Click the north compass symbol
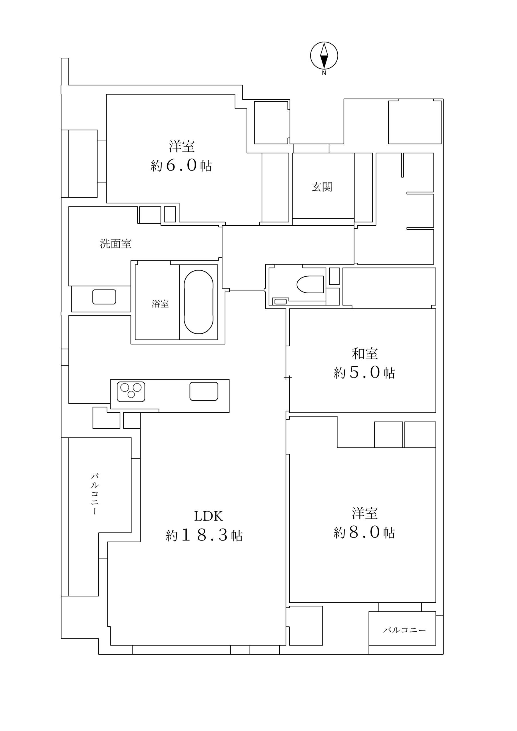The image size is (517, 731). [x=324, y=55]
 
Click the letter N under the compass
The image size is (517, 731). [x=324, y=73]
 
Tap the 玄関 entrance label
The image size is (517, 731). [x=322, y=187]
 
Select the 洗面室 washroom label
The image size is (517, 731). [x=115, y=244]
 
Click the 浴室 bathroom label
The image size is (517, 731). [x=160, y=304]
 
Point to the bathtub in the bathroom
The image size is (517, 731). [x=199, y=302]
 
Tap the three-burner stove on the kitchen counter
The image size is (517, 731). [x=131, y=391]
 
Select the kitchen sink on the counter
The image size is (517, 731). [x=204, y=391]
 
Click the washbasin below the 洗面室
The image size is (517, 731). [x=104, y=297]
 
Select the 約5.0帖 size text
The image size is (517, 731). [x=364, y=373]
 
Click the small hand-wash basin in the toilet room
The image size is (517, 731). [x=280, y=302]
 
